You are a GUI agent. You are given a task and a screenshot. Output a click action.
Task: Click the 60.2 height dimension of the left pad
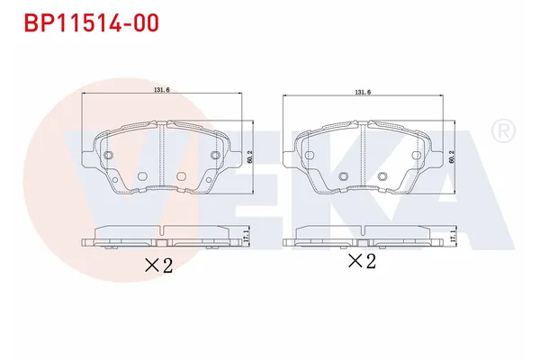point(250,156)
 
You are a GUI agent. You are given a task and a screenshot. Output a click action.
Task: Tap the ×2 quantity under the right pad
point(361,262)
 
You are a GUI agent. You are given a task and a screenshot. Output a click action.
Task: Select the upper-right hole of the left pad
point(214,157)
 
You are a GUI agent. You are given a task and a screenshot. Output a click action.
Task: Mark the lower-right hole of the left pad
point(182,175)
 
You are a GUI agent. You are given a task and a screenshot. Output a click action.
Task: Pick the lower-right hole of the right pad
point(383,175)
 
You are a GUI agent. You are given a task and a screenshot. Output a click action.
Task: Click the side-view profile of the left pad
point(162,236)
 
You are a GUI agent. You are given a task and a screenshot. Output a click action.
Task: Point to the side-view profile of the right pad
point(364,236)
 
